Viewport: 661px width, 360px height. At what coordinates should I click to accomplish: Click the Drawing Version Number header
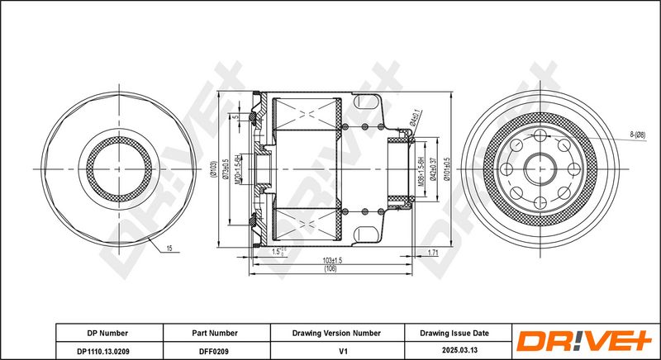pos(337,333)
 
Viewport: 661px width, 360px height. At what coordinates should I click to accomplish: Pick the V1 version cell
pos(337,351)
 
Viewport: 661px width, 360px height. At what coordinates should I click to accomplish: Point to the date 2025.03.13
pos(455,351)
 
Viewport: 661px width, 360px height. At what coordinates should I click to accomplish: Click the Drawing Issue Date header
pos(455,333)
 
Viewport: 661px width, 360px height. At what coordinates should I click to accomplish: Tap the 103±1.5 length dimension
pos(333,260)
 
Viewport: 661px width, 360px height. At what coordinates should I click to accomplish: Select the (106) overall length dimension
pos(330,269)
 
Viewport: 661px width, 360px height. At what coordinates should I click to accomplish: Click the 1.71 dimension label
pos(432,251)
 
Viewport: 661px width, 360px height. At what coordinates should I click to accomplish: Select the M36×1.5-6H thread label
pos(421,170)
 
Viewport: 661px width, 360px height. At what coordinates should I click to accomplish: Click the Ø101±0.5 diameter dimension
pos(447,168)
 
